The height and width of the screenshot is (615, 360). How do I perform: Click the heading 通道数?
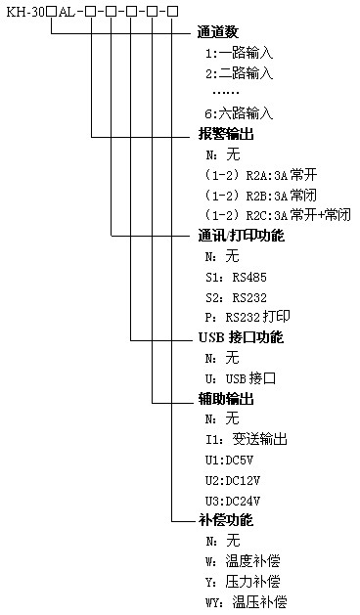pos(219,33)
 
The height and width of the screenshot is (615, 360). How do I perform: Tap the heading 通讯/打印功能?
pos(241,237)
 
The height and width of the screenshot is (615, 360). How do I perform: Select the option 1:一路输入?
pos(239,54)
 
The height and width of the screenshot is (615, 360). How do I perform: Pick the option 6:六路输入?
pos(239,114)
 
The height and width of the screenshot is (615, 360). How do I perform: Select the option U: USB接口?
pos(240,377)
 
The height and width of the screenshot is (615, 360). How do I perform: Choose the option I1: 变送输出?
pos(246,439)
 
